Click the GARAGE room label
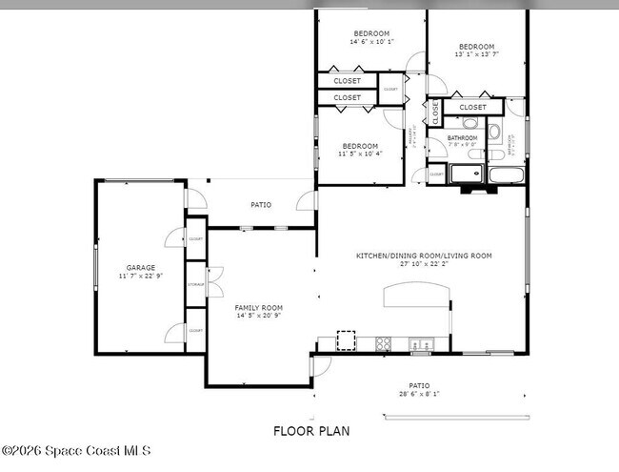click(x=141, y=268)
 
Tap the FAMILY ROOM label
click(x=259, y=307)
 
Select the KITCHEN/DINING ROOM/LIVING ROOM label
click(x=424, y=256)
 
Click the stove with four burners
click(x=384, y=342)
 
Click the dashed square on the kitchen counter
click(x=346, y=339)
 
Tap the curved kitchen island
click(x=417, y=296)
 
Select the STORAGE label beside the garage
click(x=195, y=284)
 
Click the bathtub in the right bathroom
click(x=504, y=174)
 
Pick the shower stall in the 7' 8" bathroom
click(x=467, y=174)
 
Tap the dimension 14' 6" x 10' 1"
click(x=370, y=42)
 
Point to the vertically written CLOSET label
click(x=436, y=112)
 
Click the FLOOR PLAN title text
click(x=311, y=431)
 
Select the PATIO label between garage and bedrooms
click(x=260, y=204)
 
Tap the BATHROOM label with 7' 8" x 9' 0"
click(x=463, y=138)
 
